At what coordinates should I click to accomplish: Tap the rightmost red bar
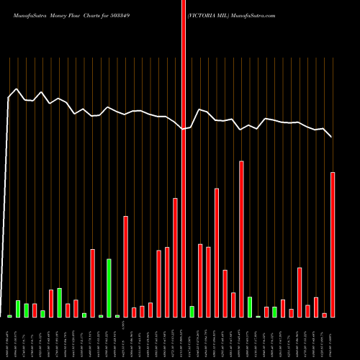[x=333, y=245]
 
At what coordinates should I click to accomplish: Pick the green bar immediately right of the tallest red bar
[x=192, y=311]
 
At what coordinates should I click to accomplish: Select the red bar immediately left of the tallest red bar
[x=175, y=258]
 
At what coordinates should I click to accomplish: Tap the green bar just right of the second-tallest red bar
[x=250, y=307]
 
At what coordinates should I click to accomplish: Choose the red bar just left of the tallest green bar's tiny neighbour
[x=92, y=283]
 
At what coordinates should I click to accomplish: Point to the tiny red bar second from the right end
[x=324, y=315]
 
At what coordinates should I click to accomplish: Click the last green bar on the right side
[x=274, y=312]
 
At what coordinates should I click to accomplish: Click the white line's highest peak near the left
[x=17, y=89]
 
